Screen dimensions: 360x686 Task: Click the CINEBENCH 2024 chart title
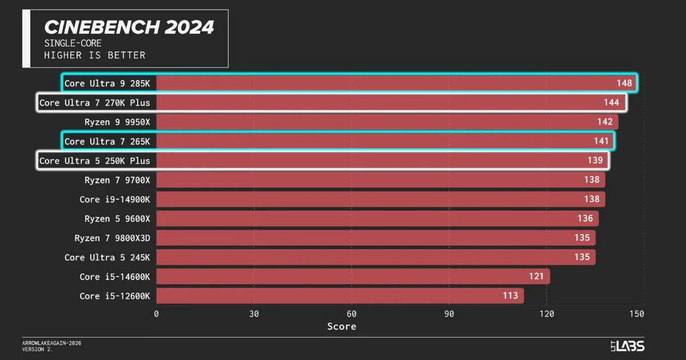tap(129, 27)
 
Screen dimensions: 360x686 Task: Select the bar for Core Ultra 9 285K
tap(394, 83)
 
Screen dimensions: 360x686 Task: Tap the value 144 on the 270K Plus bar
tap(611, 103)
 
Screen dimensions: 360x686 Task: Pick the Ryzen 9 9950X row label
tap(117, 122)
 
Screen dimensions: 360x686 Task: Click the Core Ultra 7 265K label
tap(107, 141)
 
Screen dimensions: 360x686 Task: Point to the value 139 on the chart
tap(595, 161)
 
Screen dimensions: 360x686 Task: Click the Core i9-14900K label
tap(114, 199)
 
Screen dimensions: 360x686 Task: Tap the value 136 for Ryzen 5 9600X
tap(585, 219)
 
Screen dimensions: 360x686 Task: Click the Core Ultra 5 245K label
tap(107, 257)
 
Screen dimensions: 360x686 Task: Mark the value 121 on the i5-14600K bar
tap(536, 277)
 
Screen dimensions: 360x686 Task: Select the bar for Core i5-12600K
tap(340, 295)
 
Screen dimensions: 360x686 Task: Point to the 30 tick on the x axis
tap(254, 314)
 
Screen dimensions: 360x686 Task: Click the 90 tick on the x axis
tap(449, 314)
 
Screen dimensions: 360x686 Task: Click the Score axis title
tap(341, 327)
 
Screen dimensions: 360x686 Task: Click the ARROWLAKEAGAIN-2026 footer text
tap(48, 343)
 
